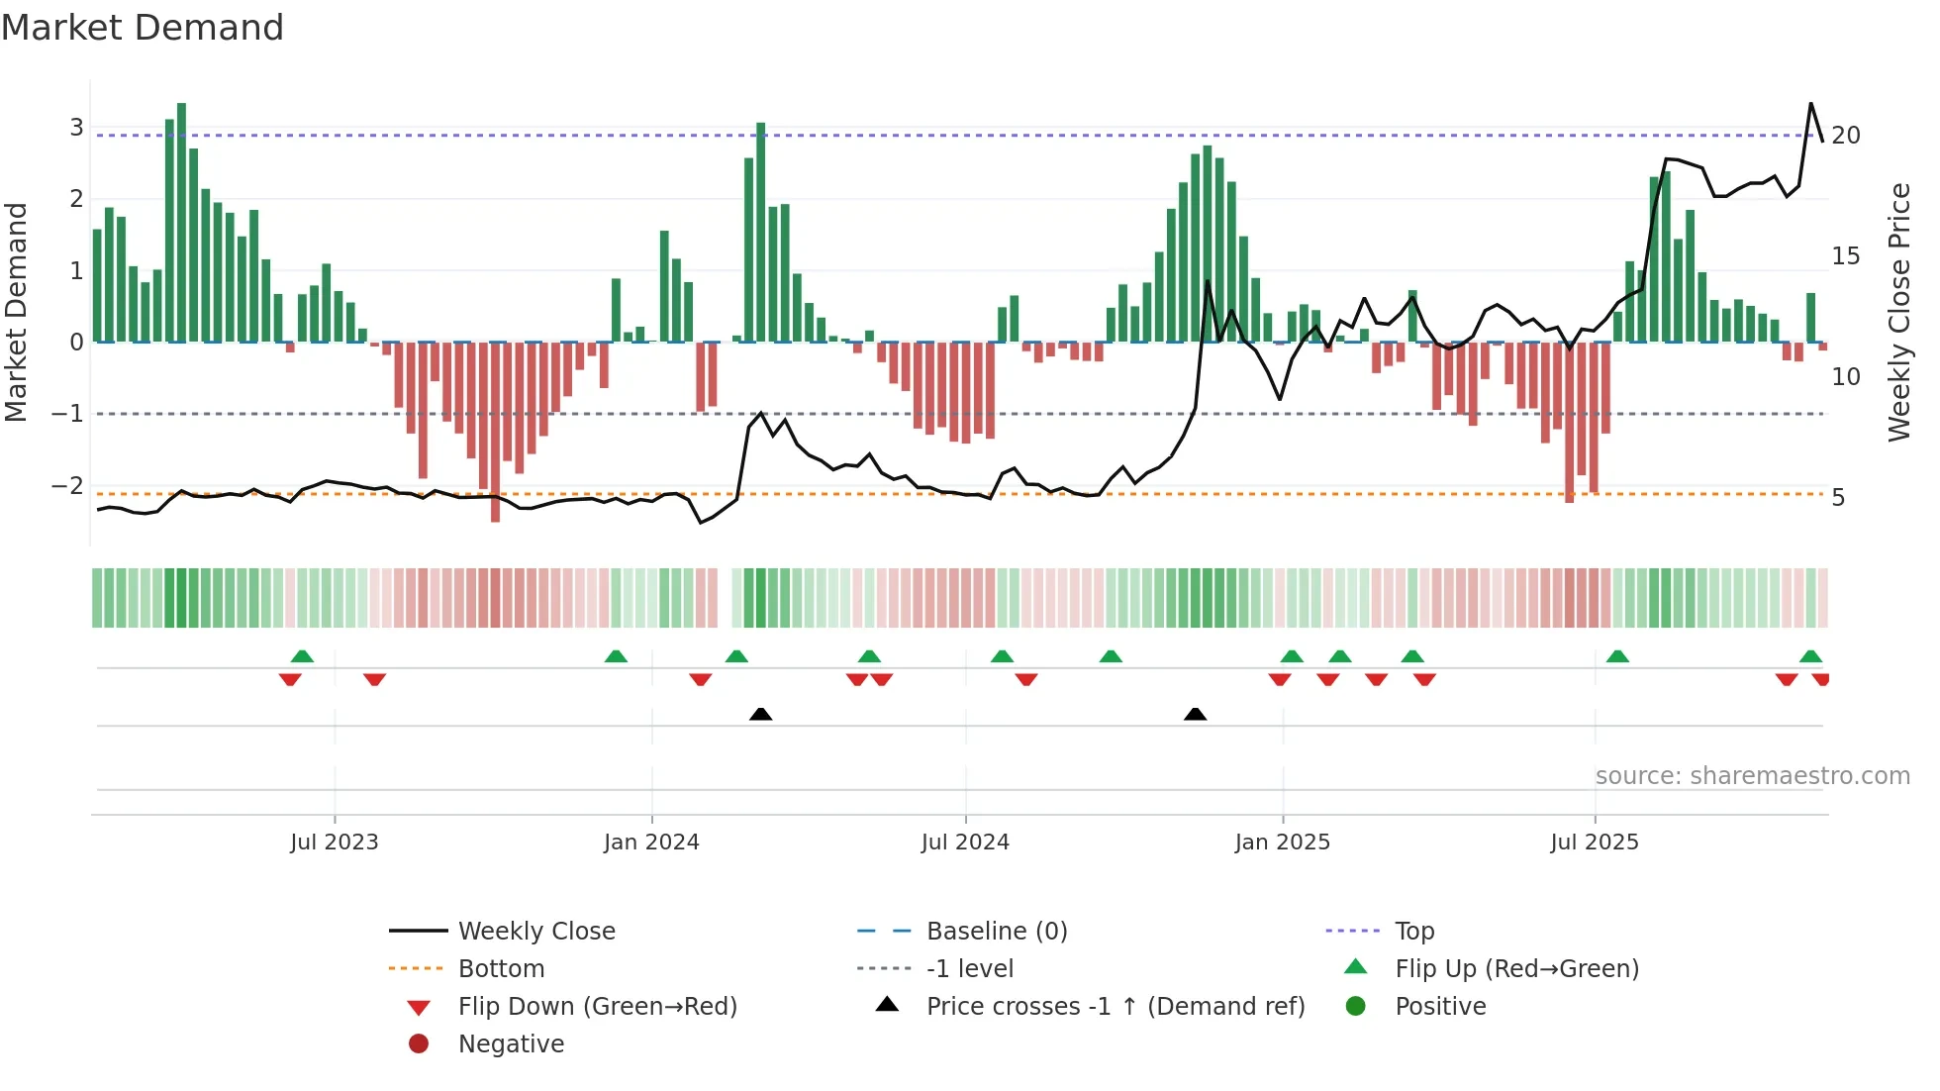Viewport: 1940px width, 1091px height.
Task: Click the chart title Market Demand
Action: (x=143, y=28)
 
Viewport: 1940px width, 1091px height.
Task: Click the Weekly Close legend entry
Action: (x=535, y=931)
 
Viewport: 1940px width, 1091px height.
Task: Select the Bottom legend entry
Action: (x=501, y=968)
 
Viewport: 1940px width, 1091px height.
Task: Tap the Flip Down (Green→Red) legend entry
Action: (x=597, y=1006)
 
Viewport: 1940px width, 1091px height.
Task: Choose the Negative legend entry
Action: (x=511, y=1043)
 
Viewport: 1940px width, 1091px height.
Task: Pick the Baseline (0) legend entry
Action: (x=996, y=931)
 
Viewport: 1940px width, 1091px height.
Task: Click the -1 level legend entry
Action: (x=969, y=968)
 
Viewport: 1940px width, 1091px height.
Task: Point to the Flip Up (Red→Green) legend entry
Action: (x=1516, y=968)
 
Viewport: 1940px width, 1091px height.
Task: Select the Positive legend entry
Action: (x=1440, y=1006)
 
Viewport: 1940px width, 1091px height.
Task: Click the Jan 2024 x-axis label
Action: (x=651, y=842)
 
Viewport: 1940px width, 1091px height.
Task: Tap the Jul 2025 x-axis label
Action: (x=1594, y=842)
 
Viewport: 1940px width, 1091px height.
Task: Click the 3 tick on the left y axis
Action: (x=76, y=127)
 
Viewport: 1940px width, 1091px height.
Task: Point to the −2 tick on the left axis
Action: (x=67, y=485)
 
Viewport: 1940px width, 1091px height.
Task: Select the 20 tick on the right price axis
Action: (x=1845, y=135)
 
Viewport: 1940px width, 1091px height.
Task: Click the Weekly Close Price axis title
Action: (x=1898, y=312)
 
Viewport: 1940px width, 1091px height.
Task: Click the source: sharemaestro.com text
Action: (x=1752, y=775)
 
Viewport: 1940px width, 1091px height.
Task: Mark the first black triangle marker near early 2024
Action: (x=760, y=714)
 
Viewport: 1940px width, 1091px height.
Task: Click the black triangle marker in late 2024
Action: (x=1195, y=714)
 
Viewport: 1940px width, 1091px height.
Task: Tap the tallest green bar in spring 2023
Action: (x=181, y=223)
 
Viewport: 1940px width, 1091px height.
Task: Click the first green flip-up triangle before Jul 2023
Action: (x=302, y=656)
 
